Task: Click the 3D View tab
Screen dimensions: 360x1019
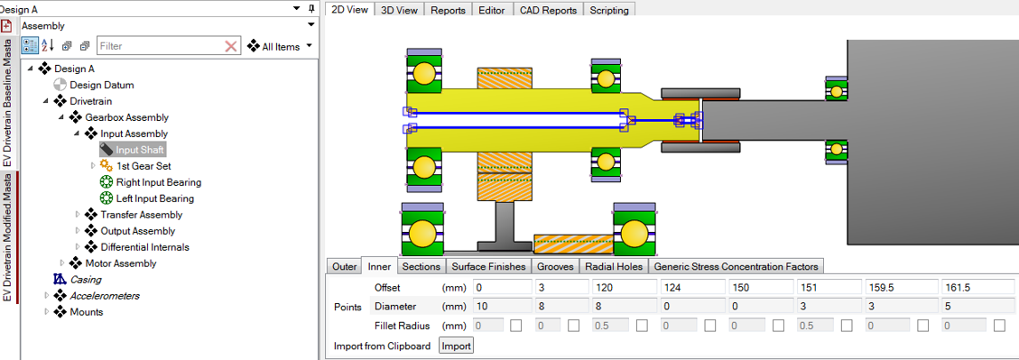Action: pos(399,10)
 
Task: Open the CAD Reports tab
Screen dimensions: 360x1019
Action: pos(548,10)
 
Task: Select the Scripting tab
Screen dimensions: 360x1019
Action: pos(609,10)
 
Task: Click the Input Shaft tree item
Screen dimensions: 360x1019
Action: pos(140,150)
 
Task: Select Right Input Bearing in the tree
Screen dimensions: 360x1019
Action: pos(158,182)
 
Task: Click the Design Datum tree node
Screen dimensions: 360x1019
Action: pos(101,85)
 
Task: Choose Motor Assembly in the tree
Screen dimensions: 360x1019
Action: pos(120,263)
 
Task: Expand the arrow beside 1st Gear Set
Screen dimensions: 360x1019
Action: pos(93,166)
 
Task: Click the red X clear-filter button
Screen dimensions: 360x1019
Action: pos(231,46)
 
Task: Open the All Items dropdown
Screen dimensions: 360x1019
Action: pos(280,46)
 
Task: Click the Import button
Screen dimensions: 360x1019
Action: pos(456,346)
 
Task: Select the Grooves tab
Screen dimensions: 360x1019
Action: pos(555,266)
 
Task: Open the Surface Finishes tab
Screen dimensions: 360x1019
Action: pos(488,266)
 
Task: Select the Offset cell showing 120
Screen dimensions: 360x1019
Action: pos(624,286)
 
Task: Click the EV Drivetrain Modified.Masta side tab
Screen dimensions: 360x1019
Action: pos(7,243)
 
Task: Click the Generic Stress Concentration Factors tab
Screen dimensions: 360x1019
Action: pos(736,266)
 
